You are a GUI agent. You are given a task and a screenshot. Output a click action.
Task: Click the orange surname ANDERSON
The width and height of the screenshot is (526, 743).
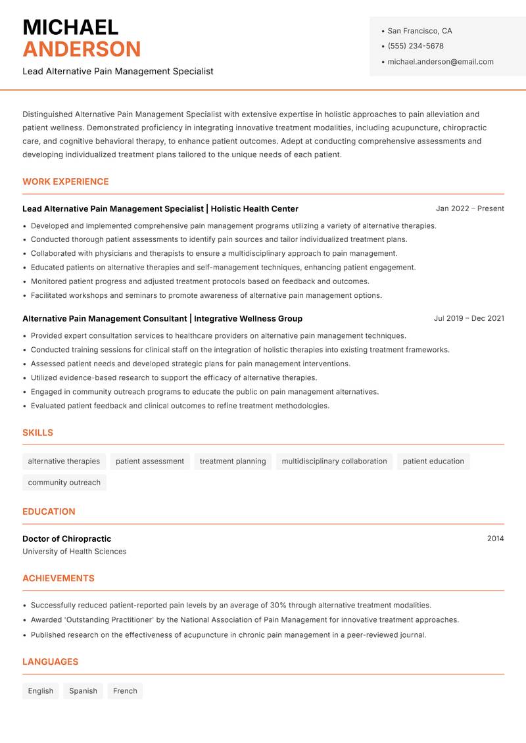point(82,49)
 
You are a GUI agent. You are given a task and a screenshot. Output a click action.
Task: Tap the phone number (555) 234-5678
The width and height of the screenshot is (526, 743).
point(416,46)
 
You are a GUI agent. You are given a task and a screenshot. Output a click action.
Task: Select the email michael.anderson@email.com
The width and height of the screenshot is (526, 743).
point(441,62)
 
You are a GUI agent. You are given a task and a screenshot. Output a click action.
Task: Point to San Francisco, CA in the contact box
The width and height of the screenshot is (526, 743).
point(419,31)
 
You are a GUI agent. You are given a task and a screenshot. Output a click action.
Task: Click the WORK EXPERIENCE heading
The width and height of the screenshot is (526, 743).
point(66,181)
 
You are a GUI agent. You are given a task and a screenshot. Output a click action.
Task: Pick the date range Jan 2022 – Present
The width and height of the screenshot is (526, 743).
point(469,208)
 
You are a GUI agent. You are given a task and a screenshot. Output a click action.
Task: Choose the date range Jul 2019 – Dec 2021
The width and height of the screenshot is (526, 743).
point(469,318)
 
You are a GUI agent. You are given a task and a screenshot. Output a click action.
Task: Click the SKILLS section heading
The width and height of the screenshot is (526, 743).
point(37,433)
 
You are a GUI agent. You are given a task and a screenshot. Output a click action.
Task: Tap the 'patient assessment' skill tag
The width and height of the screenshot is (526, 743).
point(150,462)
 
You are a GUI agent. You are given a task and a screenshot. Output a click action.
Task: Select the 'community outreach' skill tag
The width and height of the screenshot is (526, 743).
point(64,483)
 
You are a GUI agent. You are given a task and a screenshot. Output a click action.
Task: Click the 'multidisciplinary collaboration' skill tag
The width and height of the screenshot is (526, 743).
point(334,462)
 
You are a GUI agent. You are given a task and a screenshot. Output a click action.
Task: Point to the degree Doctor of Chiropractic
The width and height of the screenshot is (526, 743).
point(67,539)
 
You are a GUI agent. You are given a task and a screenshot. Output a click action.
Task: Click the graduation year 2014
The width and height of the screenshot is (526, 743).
point(495,539)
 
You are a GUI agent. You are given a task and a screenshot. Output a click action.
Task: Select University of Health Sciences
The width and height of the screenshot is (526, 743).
point(74,552)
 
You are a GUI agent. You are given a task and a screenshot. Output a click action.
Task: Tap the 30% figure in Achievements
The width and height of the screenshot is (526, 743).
point(278,605)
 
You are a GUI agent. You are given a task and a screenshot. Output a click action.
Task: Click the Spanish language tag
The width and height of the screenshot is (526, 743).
point(83,691)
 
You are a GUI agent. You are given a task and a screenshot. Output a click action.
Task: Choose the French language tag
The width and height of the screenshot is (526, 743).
point(125,691)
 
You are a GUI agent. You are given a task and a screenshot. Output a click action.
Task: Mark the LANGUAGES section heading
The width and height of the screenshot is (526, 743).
point(50,661)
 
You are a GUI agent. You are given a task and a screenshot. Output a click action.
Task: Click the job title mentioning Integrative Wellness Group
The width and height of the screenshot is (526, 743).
point(162,318)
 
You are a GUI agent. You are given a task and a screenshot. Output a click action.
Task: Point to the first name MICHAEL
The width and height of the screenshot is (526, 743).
point(70,27)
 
